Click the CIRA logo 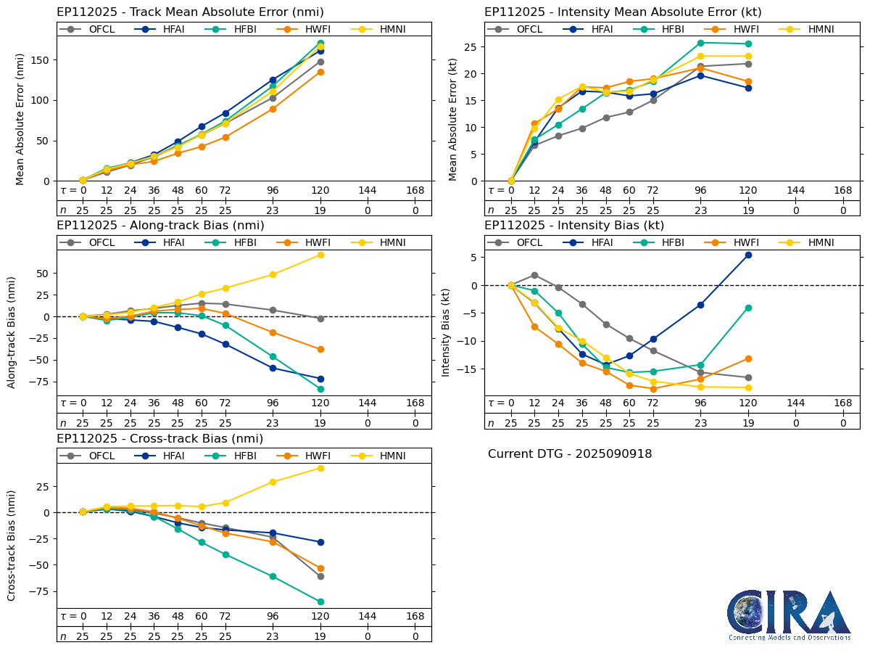tap(789, 615)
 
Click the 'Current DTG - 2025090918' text tap(570, 454)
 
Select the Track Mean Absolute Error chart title tap(190, 12)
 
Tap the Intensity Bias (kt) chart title tap(574, 225)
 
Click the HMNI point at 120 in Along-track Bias tap(320, 255)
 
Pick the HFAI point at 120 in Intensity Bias tap(748, 255)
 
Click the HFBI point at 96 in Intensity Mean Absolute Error tap(700, 43)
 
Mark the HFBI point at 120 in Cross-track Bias tap(320, 601)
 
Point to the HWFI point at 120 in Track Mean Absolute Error tap(320, 72)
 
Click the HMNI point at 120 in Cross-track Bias tap(320, 468)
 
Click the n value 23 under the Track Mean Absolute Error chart tap(273, 210)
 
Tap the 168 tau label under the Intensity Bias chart tap(843, 403)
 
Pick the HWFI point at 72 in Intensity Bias tap(652, 389)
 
